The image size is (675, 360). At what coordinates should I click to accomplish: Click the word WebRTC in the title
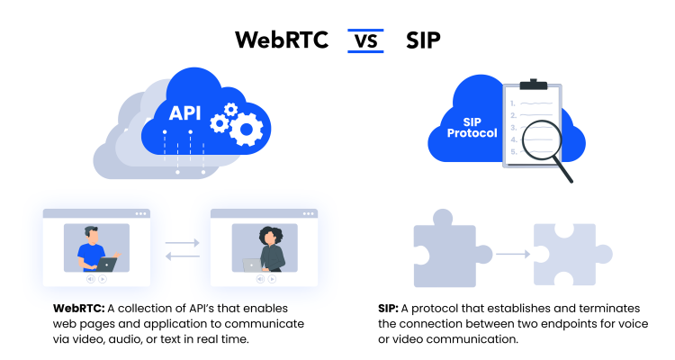click(281, 40)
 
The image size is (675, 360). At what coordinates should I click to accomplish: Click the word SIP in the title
click(423, 40)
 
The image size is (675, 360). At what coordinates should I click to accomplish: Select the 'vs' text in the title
click(364, 40)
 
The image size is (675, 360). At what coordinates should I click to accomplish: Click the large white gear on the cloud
click(244, 130)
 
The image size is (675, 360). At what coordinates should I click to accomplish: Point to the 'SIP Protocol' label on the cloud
click(472, 128)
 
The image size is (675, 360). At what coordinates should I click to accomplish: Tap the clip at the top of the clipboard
click(533, 84)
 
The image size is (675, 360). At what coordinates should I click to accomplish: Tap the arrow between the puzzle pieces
click(512, 255)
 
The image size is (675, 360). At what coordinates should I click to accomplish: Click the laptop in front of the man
click(108, 264)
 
